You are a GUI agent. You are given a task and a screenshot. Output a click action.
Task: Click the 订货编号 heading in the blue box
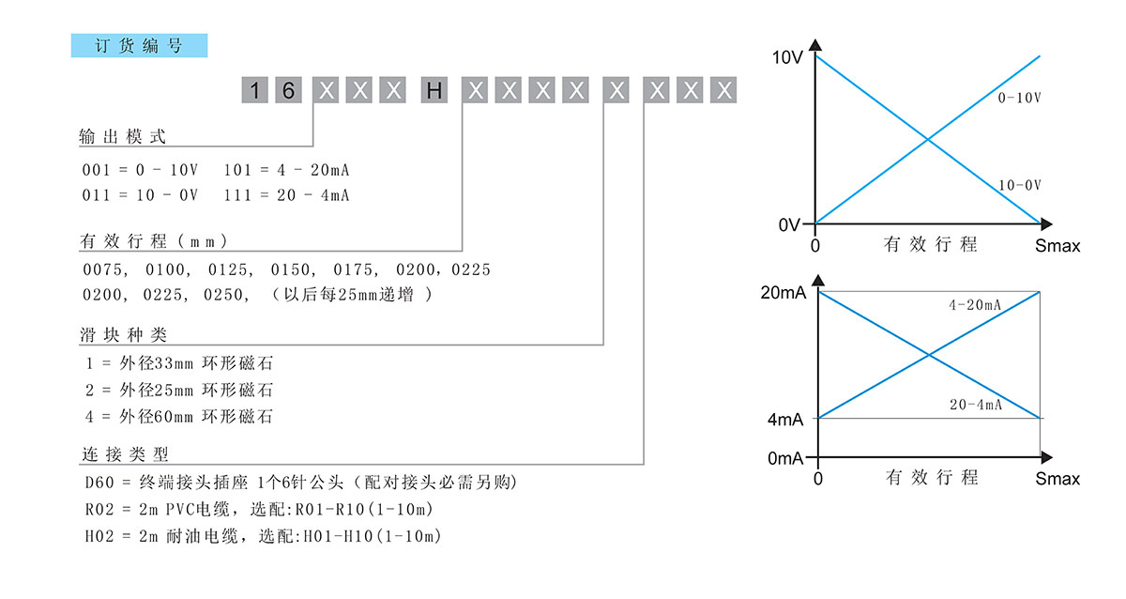(139, 46)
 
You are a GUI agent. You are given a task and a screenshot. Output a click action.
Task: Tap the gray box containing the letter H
(434, 91)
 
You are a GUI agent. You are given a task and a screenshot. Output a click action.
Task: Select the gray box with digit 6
(290, 91)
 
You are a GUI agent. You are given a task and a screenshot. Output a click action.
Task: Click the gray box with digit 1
(255, 91)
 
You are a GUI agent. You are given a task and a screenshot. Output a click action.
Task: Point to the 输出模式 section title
(123, 137)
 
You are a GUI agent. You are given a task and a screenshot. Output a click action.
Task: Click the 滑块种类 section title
(123, 335)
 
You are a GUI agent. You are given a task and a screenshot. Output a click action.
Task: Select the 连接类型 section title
(123, 456)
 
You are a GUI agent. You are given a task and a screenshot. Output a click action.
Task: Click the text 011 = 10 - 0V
(141, 195)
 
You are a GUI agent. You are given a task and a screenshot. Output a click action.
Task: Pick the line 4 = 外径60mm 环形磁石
(179, 416)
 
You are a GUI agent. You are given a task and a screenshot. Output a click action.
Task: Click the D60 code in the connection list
(99, 484)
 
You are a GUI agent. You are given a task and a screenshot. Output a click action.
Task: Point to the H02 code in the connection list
(99, 537)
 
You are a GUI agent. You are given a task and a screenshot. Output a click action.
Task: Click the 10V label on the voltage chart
(786, 57)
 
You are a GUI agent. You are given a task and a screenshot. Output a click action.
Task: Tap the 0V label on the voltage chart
(789, 225)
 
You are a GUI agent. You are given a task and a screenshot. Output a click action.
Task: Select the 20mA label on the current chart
(783, 293)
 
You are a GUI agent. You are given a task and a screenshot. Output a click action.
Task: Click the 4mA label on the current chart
(785, 420)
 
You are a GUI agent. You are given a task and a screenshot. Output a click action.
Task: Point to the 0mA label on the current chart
(785, 459)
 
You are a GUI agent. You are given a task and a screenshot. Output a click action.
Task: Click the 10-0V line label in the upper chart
(1020, 186)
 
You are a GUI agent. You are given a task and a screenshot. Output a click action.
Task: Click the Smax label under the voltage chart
(1058, 246)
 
